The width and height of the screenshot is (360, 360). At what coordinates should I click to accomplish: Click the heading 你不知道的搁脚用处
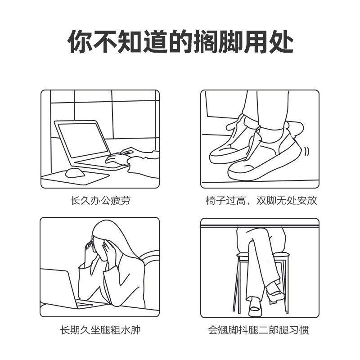tap(180, 42)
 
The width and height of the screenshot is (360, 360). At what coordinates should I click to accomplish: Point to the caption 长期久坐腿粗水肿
tap(100, 330)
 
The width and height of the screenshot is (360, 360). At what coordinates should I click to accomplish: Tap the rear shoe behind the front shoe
tap(232, 144)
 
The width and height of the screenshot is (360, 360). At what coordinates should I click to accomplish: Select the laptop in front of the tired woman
tap(58, 288)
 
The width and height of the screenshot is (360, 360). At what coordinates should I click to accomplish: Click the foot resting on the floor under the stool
tap(254, 306)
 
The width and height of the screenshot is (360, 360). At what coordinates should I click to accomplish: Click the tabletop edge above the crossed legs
tap(260, 223)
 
